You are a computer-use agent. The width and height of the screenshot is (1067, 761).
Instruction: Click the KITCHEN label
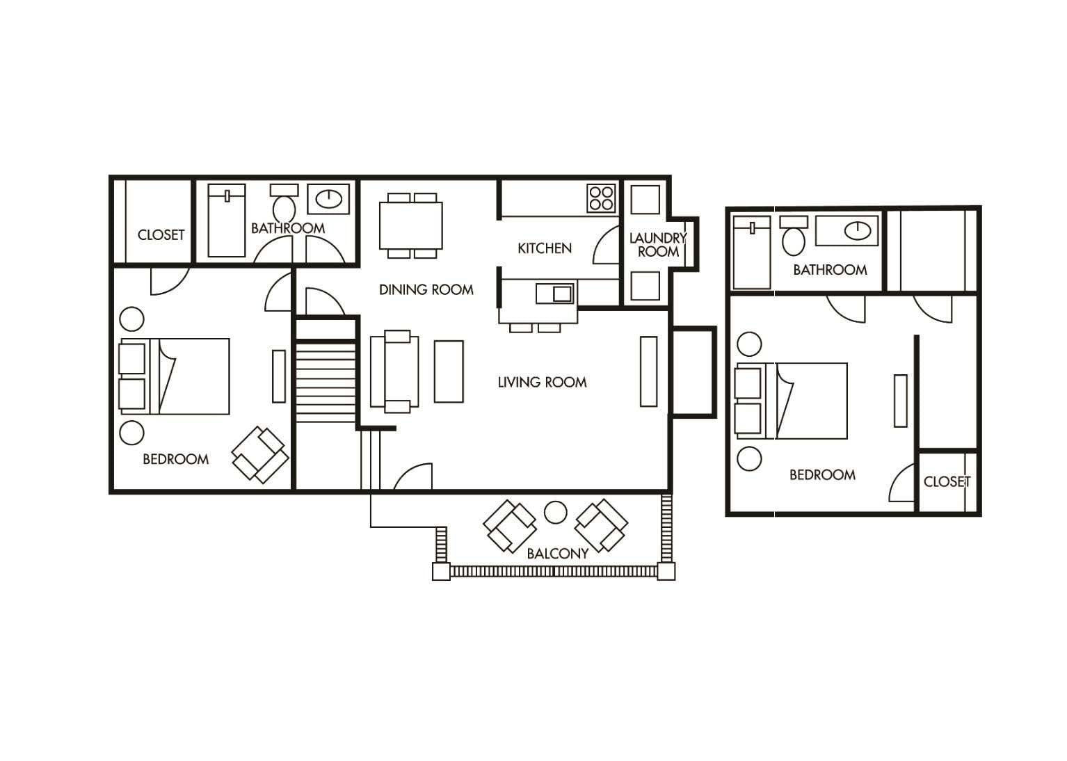point(544,248)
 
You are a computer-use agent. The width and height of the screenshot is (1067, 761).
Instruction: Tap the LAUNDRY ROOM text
point(657,245)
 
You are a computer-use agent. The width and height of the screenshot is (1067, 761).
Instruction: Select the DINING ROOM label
point(426,290)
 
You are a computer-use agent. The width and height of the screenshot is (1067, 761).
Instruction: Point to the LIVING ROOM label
point(542,382)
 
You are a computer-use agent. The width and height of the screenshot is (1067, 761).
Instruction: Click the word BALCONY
point(557,554)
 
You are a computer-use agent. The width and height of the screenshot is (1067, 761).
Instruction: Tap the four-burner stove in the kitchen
point(601,197)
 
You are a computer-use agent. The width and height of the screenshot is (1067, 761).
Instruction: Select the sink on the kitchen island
point(555,293)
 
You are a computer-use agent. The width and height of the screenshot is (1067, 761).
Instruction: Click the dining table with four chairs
point(411,225)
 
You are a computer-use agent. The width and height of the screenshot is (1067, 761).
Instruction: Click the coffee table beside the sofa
point(449,371)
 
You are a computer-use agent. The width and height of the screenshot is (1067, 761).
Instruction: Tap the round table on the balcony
point(555,513)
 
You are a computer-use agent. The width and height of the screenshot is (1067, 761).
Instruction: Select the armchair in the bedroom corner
point(260,456)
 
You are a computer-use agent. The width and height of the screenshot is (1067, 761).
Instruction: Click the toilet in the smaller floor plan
point(793,237)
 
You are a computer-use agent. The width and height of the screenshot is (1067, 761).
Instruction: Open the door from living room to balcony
point(412,478)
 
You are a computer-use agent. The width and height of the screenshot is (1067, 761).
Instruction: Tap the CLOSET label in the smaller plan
point(947,481)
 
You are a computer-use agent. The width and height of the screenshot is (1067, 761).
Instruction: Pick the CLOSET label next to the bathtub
point(161,235)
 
